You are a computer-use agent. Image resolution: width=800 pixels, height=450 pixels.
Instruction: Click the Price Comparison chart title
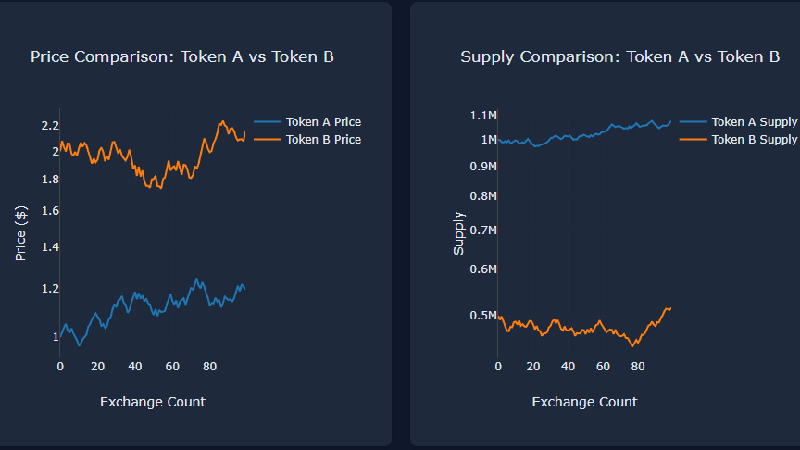click(x=182, y=57)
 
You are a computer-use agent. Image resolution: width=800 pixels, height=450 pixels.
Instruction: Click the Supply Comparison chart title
click(x=619, y=57)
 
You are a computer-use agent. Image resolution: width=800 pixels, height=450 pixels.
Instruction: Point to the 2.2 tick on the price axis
click(x=50, y=125)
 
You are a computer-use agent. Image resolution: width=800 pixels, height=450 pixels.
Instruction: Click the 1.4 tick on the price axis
click(x=50, y=247)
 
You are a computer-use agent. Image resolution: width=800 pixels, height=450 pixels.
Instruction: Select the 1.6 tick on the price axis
click(x=50, y=211)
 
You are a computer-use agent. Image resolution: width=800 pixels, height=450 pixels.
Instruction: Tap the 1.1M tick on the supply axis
click(x=483, y=115)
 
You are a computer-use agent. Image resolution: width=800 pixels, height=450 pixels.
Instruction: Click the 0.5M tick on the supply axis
click(x=483, y=316)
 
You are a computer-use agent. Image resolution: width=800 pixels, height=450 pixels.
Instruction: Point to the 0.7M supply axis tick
click(x=483, y=230)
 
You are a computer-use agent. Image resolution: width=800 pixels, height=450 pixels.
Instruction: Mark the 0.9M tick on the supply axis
click(x=483, y=166)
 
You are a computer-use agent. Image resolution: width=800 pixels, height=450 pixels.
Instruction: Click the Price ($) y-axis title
click(x=20, y=234)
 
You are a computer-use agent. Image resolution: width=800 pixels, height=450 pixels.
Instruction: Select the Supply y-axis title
click(x=458, y=233)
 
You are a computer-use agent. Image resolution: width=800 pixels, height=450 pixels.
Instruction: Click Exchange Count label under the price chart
click(x=153, y=402)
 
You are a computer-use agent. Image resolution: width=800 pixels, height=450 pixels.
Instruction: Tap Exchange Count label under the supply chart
click(x=584, y=402)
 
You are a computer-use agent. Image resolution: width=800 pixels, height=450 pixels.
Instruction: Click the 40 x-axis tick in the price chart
click(x=135, y=366)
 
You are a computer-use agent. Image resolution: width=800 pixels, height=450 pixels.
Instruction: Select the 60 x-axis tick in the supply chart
click(x=603, y=366)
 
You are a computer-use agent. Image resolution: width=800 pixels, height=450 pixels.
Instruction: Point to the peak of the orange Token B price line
click(x=221, y=121)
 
